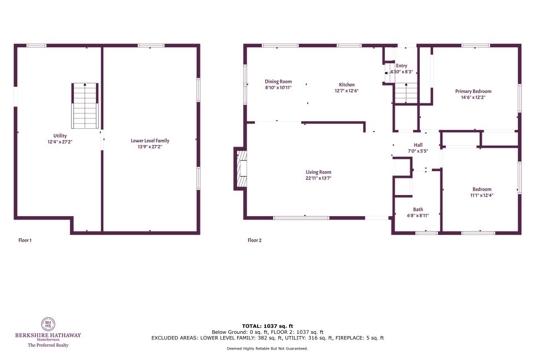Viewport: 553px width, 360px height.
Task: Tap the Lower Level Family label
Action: pyautogui.click(x=150, y=141)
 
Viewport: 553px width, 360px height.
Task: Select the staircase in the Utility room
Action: pyautogui.click(x=85, y=106)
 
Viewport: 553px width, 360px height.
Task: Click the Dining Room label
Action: pyautogui.click(x=278, y=82)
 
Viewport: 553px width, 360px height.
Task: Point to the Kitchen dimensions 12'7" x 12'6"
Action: pyautogui.click(x=346, y=91)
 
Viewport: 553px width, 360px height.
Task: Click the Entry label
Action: pyautogui.click(x=401, y=66)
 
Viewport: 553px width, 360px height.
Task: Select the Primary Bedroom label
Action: pyautogui.click(x=473, y=91)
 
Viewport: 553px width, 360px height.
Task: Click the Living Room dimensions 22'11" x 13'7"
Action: pyautogui.click(x=318, y=178)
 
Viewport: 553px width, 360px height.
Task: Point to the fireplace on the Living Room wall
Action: pyautogui.click(x=241, y=169)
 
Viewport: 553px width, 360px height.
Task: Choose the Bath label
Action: pyautogui.click(x=418, y=209)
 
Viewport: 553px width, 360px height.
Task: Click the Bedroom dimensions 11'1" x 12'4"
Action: pyautogui.click(x=482, y=195)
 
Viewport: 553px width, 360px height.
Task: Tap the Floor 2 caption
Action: pyautogui.click(x=254, y=241)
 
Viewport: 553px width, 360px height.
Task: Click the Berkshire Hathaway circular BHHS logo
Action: pyautogui.click(x=48, y=324)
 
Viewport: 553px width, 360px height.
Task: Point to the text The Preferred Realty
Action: pyautogui.click(x=48, y=345)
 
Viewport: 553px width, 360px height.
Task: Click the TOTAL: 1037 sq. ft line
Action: pyautogui.click(x=268, y=326)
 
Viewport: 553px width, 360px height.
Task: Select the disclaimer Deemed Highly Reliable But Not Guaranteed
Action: pyautogui.click(x=268, y=348)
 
